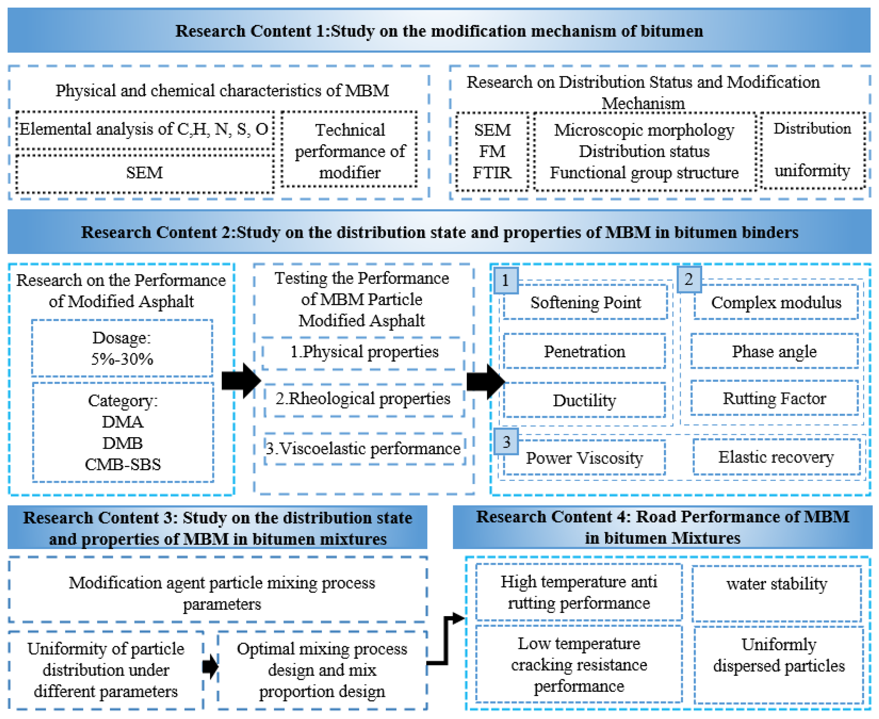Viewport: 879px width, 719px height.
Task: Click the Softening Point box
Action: click(585, 302)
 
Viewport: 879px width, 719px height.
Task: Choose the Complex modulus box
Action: click(775, 302)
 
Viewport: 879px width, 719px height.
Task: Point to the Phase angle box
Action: click(774, 351)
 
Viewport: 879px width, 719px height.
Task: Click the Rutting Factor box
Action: click(774, 398)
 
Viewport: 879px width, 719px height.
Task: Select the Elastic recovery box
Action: click(775, 457)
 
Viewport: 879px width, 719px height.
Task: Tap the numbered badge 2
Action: click(688, 279)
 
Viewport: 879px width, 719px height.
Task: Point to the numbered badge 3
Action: click(506, 442)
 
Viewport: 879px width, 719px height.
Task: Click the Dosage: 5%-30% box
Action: click(122, 348)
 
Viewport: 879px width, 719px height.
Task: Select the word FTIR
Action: click(492, 172)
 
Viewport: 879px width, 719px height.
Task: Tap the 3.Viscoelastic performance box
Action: click(363, 449)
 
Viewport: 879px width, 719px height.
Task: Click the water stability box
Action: click(777, 593)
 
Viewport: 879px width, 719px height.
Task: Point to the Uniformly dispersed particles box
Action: click(778, 664)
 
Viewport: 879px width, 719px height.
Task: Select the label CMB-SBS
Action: click(123, 464)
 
